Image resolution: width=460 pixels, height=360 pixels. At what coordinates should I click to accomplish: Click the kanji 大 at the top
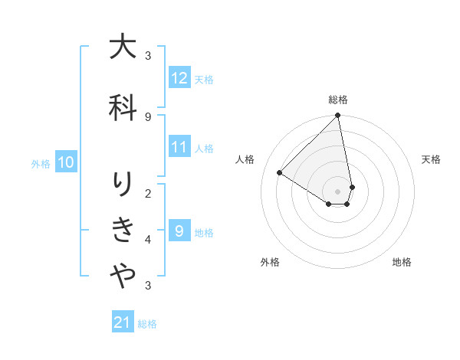[x=123, y=47]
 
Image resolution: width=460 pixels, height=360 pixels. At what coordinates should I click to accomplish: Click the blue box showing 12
[x=179, y=78]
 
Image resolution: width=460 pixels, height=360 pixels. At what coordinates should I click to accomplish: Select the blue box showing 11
[x=179, y=148]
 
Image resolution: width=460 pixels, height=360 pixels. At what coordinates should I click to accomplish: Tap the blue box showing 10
[x=66, y=162]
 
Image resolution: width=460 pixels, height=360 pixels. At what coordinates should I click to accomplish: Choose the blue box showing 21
[x=123, y=323]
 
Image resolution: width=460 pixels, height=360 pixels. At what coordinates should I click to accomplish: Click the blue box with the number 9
[x=179, y=231]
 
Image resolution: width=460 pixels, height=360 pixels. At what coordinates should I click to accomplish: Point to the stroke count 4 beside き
[x=148, y=240]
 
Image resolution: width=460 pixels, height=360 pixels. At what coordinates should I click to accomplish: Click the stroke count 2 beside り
[x=148, y=193]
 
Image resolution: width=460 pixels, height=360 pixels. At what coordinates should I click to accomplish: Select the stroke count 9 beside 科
[x=148, y=116]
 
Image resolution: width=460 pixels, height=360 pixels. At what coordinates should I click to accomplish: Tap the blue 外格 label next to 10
[x=41, y=163]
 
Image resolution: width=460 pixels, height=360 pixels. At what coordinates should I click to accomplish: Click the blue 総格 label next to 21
[x=148, y=324]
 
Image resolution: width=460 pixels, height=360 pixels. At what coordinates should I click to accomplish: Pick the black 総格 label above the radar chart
[x=338, y=100]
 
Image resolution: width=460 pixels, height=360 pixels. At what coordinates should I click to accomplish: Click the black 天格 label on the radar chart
[x=432, y=159]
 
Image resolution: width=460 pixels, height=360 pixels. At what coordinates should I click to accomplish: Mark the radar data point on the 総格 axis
[x=338, y=116]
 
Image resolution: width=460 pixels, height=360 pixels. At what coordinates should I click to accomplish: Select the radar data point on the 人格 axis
[x=280, y=172]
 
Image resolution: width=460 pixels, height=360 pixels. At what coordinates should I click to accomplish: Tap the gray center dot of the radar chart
[x=338, y=191]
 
